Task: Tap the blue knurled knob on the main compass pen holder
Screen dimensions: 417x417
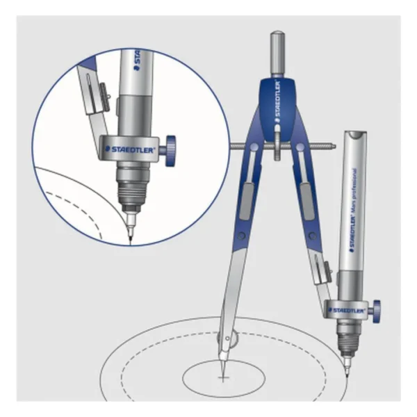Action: click(375, 306)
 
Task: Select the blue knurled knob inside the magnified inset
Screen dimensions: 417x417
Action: click(170, 147)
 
